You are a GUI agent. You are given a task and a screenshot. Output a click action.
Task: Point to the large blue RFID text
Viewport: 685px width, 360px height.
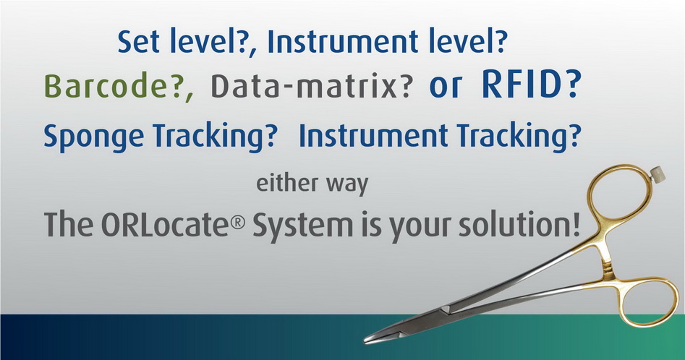tap(522, 84)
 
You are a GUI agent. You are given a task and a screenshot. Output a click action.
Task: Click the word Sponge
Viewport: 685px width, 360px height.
tap(94, 137)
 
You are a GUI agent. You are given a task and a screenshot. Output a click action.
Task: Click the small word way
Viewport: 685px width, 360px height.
tap(347, 185)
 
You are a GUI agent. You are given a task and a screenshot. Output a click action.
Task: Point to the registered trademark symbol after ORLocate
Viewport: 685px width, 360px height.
tap(237, 223)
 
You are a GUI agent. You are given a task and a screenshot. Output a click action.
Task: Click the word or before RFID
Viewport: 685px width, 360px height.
tap(445, 87)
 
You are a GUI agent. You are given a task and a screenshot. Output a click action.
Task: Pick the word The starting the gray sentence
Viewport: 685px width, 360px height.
tap(69, 224)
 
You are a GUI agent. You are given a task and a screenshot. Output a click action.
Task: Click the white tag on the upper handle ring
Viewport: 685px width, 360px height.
tap(656, 173)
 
